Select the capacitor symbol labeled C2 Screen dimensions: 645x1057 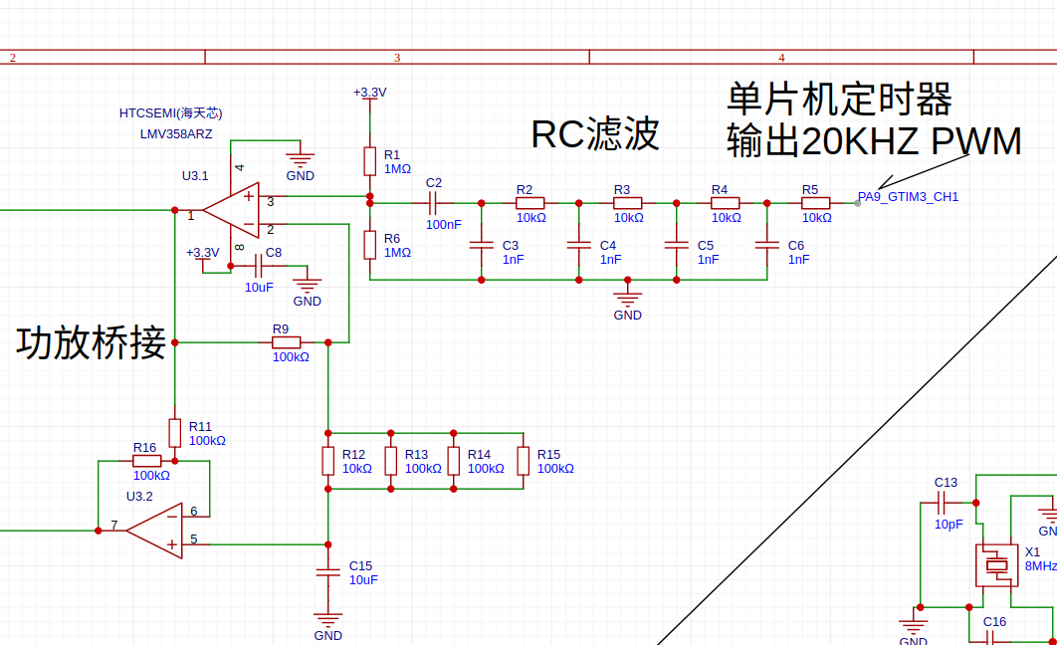[x=433, y=202]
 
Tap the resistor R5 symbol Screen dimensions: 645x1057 [x=816, y=202]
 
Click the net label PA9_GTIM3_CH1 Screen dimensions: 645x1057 [x=908, y=197]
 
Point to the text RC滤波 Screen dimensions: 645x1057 [x=595, y=134]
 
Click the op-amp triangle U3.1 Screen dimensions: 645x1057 [x=231, y=211]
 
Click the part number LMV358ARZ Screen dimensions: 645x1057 [x=176, y=133]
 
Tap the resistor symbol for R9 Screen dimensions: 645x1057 [x=286, y=342]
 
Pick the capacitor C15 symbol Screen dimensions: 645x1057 [x=327, y=572]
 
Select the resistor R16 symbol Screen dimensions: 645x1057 [x=146, y=461]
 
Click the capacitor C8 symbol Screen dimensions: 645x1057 [x=259, y=266]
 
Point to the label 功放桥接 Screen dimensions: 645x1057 [x=91, y=342]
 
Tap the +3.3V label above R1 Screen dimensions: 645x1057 [x=369, y=93]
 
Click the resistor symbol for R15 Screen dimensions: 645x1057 [x=523, y=461]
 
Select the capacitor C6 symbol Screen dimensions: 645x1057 [x=766, y=244]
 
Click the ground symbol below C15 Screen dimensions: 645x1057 [x=327, y=619]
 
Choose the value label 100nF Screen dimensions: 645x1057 [x=444, y=225]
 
